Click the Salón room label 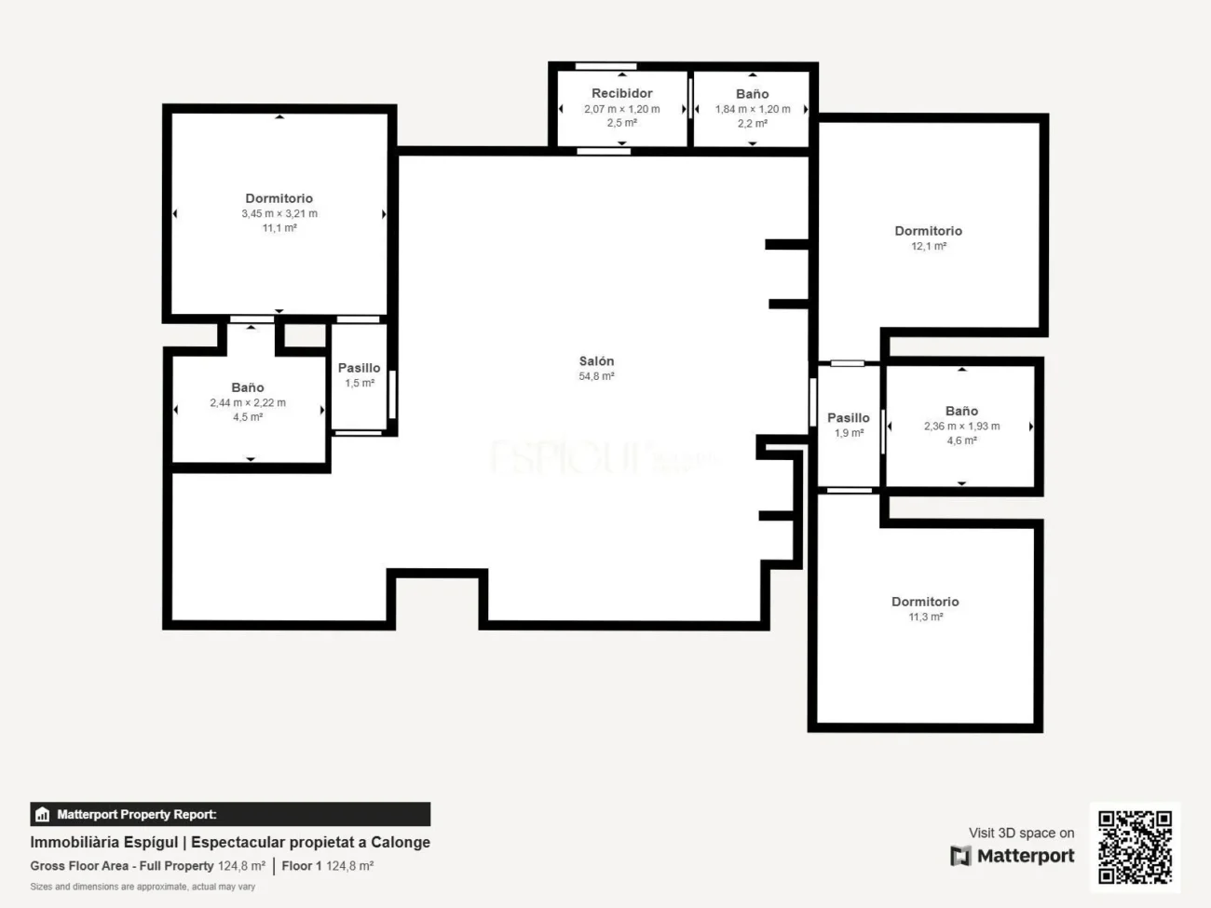[596, 361]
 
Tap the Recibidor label [621, 93]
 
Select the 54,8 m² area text [596, 377]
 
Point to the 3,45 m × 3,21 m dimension [279, 214]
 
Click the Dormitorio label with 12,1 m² [928, 231]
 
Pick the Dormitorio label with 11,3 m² [925, 602]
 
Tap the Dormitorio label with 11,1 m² [279, 198]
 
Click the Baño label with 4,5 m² [248, 387]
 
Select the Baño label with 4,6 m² [961, 411]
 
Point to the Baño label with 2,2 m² [752, 94]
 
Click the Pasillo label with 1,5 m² [359, 368]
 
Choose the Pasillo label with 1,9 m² [848, 418]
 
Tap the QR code [1134, 847]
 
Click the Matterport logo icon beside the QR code [960, 856]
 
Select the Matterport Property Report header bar [230, 814]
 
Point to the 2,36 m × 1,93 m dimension [961, 427]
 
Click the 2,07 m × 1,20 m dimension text [621, 109]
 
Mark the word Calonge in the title [401, 842]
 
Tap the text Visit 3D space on [1021, 833]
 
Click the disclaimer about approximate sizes [143, 887]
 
